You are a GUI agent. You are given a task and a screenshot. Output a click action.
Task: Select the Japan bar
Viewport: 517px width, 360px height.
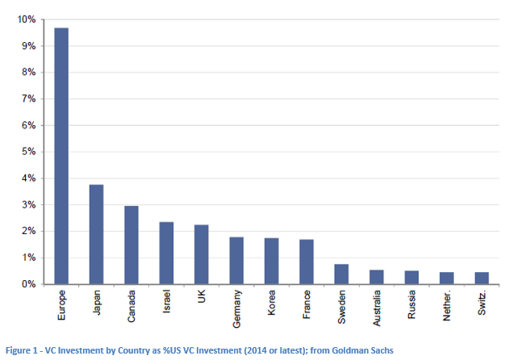(96, 234)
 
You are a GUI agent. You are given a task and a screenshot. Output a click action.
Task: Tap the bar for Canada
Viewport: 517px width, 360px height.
(131, 245)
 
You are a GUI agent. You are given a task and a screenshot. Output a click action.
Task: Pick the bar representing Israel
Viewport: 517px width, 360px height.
(166, 253)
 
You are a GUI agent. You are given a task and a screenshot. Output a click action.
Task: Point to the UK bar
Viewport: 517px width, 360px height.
(202, 254)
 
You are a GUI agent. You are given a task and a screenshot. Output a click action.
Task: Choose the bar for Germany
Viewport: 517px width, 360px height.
(236, 260)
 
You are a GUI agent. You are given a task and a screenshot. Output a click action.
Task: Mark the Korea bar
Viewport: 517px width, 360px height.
(272, 261)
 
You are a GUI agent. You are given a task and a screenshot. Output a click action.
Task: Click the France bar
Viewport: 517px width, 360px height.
(306, 262)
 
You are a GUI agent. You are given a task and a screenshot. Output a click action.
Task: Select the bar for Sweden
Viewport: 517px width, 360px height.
(342, 274)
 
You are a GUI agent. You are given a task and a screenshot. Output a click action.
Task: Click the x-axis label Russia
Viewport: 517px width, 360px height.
(412, 303)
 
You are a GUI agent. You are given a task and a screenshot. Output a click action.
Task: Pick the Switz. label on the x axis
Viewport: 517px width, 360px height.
(482, 303)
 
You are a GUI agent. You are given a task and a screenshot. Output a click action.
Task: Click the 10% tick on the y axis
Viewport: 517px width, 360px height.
(27, 19)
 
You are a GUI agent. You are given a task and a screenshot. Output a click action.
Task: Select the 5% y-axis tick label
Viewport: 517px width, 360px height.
(29, 152)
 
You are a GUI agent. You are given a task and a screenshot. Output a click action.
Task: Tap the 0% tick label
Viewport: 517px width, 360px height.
(29, 284)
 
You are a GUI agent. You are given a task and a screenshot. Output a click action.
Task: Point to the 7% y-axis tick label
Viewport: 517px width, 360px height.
(29, 99)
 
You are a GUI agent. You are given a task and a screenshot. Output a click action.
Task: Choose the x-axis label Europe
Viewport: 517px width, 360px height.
(61, 303)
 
